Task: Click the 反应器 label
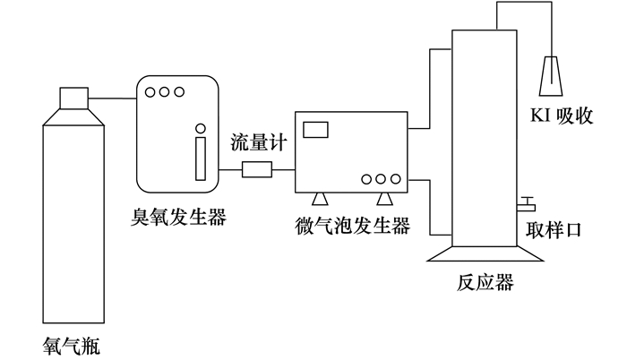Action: tap(485, 283)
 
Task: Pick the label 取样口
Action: tap(554, 229)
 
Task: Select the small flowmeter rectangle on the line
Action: tap(257, 168)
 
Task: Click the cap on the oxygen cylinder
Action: tap(73, 97)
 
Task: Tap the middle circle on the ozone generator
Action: tap(166, 91)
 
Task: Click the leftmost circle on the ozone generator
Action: tap(151, 91)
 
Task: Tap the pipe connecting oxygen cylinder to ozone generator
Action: tap(113, 97)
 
